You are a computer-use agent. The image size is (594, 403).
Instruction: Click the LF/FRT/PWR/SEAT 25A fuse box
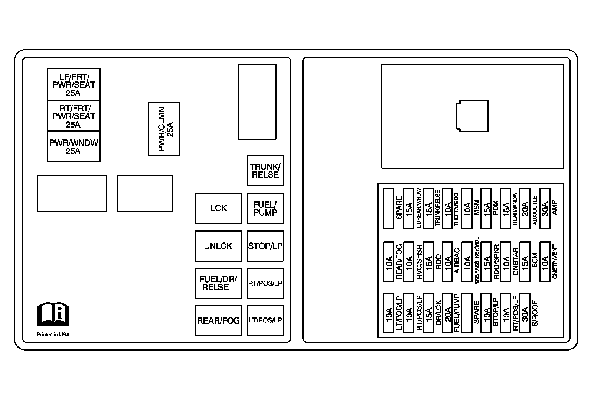[x=74, y=84]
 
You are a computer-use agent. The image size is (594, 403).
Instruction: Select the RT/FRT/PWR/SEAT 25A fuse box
[x=74, y=116]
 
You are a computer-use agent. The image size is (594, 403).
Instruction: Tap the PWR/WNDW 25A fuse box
[x=74, y=146]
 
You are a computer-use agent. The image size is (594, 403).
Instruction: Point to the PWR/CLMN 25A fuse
[x=164, y=129]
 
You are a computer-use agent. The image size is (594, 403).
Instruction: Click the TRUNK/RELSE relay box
[x=265, y=171]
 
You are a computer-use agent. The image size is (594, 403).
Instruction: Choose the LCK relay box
[x=218, y=208]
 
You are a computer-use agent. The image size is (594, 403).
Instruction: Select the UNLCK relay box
[x=218, y=246]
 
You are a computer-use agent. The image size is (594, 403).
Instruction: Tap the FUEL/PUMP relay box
[x=265, y=208]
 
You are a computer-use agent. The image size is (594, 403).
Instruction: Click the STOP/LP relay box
[x=265, y=246]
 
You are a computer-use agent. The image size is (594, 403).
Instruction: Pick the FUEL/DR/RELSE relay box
[x=218, y=283]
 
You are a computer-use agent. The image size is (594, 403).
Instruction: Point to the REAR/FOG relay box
[x=218, y=320]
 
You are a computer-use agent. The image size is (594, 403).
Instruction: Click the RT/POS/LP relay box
[x=265, y=283]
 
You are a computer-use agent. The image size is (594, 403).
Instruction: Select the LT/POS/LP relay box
[x=265, y=320]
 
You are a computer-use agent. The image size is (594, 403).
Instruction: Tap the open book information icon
[x=53, y=313]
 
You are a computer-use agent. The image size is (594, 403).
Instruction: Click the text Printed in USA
[x=53, y=335]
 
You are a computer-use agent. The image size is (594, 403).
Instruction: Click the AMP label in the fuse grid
[x=555, y=208]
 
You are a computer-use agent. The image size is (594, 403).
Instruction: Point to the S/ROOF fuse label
[x=535, y=313]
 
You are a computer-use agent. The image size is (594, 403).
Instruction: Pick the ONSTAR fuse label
[x=515, y=261]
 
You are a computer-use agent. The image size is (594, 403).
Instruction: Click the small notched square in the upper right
[x=472, y=116]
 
